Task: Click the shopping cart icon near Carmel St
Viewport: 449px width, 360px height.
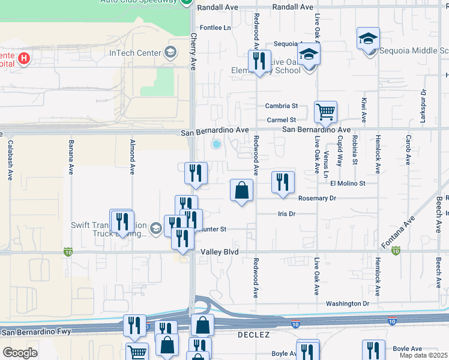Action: pos(325,112)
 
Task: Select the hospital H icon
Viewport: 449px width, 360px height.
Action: pos(24,58)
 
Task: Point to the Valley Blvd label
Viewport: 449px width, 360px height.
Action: pos(220,252)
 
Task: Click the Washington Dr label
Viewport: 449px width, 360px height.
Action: pos(348,304)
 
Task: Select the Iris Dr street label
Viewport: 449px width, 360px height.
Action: pos(287,214)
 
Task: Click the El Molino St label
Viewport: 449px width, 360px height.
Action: pos(348,183)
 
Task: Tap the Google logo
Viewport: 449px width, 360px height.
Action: pos(20,353)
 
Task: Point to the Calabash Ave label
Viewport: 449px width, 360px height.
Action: pos(10,160)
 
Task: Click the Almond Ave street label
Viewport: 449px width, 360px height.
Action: pos(132,157)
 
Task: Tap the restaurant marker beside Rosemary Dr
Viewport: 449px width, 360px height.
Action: pos(283,182)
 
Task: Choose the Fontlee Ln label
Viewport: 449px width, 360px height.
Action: pos(215,28)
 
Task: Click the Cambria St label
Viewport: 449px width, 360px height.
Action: pos(282,106)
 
